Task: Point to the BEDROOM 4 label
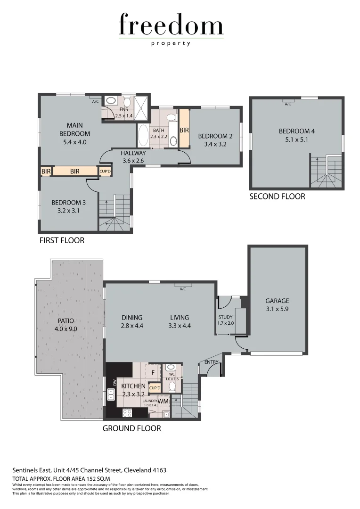(x=296, y=131)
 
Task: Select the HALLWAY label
(x=133, y=153)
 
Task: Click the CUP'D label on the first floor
(x=105, y=172)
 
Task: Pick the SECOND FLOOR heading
(x=277, y=197)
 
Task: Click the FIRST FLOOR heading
(x=62, y=240)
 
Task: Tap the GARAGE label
(x=277, y=301)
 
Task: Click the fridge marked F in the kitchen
(x=153, y=371)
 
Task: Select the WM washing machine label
(x=163, y=401)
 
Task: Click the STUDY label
(x=226, y=317)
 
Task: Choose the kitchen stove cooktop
(x=127, y=412)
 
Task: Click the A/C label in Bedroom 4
(x=288, y=104)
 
